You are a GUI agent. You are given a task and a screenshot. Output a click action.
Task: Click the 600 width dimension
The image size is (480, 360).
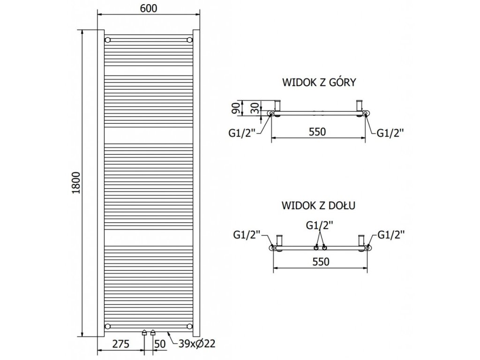coord(148,8)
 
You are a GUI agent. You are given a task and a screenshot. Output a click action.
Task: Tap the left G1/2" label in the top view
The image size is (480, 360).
coord(241,133)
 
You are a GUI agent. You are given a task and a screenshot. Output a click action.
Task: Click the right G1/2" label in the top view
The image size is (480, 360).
coord(390,133)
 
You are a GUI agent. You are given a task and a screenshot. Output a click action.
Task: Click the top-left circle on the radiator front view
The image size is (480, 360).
coord(108,39)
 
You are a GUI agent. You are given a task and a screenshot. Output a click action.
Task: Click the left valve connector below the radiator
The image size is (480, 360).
coord(144,333)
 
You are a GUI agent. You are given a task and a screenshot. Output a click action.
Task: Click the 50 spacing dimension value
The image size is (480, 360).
coord(160,344)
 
